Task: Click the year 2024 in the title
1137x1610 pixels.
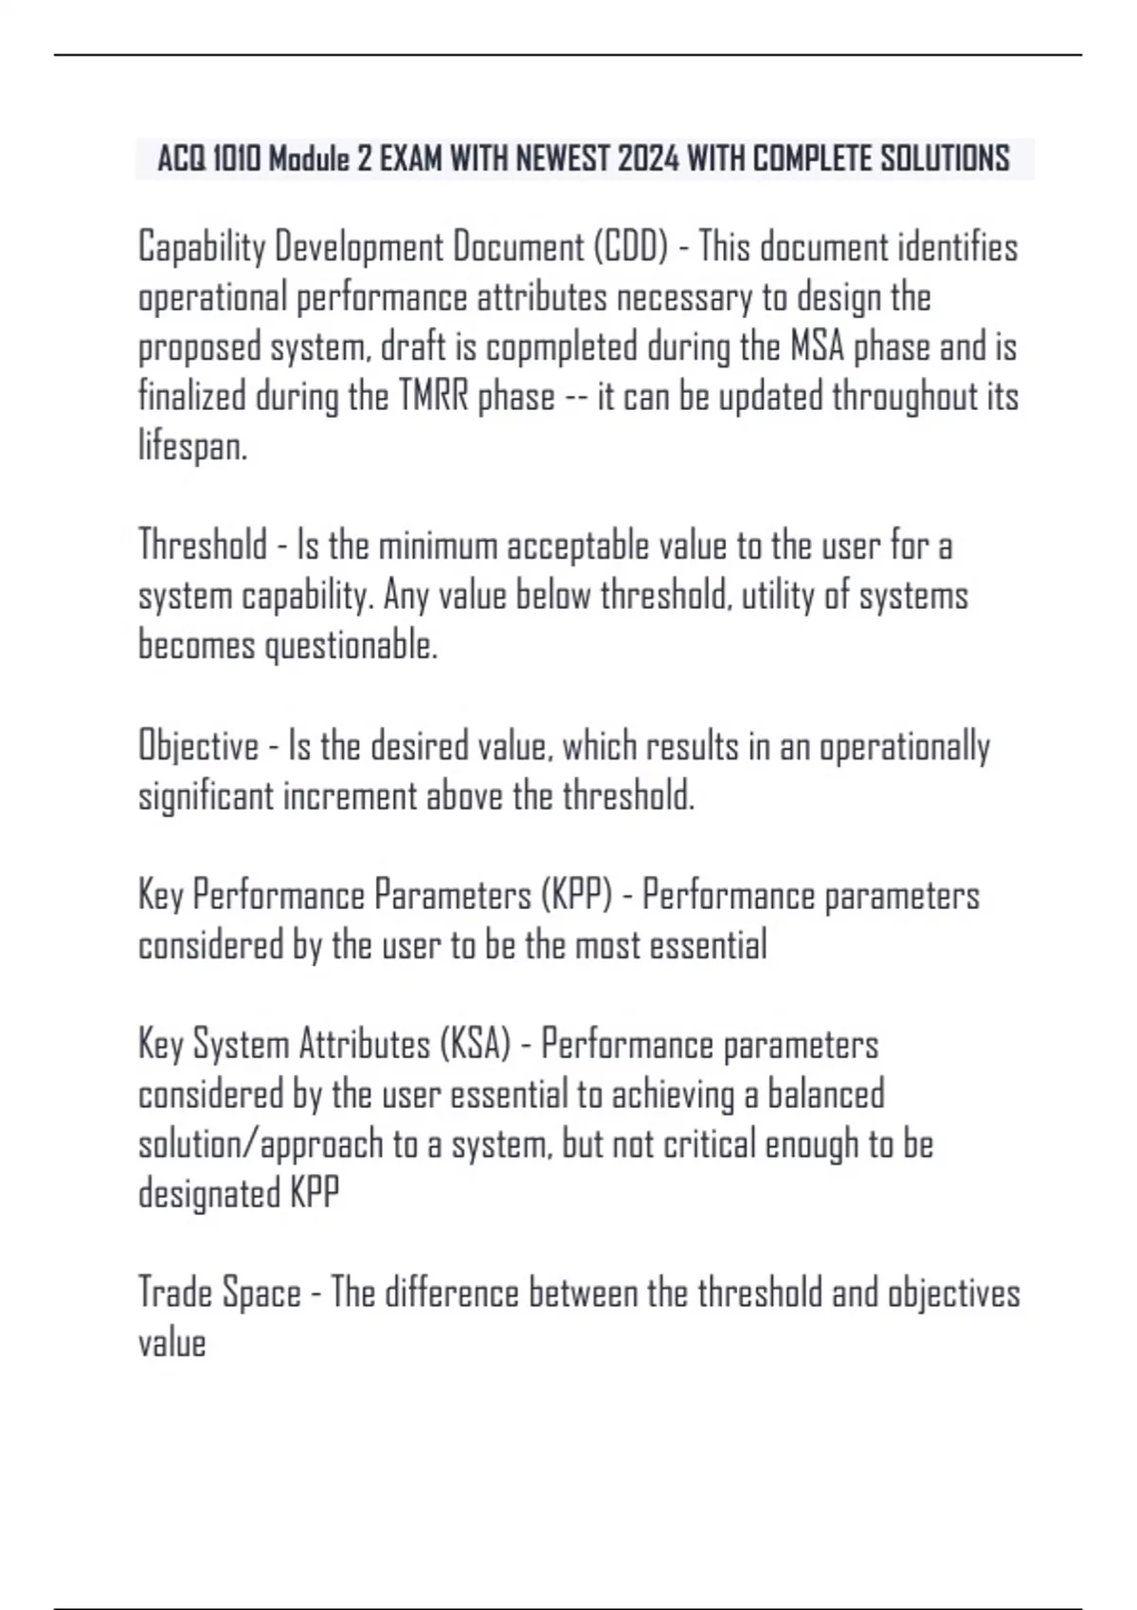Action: pos(648,158)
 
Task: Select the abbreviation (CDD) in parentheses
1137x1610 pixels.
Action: pos(630,247)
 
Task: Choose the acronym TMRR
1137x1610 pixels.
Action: pos(433,396)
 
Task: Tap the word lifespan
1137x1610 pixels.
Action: pos(192,445)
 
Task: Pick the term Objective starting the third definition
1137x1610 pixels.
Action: pos(198,745)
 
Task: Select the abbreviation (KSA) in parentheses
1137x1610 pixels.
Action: pos(475,1044)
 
